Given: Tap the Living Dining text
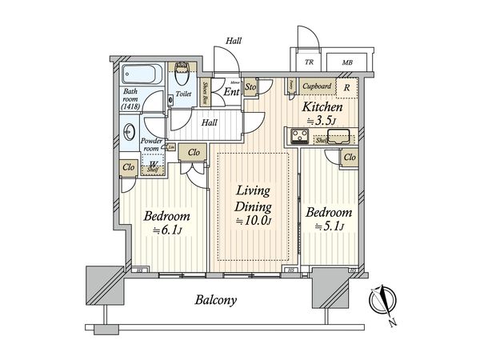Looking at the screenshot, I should [x=252, y=199].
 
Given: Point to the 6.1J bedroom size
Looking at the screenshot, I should [x=168, y=231].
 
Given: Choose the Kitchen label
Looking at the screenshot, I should [x=322, y=106].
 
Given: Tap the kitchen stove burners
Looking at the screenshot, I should [x=296, y=137].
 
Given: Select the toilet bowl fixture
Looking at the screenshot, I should [x=182, y=76].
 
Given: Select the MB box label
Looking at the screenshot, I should [x=346, y=62].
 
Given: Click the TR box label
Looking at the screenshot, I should [x=308, y=62].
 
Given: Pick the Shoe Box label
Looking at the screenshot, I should [x=205, y=94].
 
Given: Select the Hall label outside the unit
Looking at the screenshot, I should [x=234, y=40].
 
